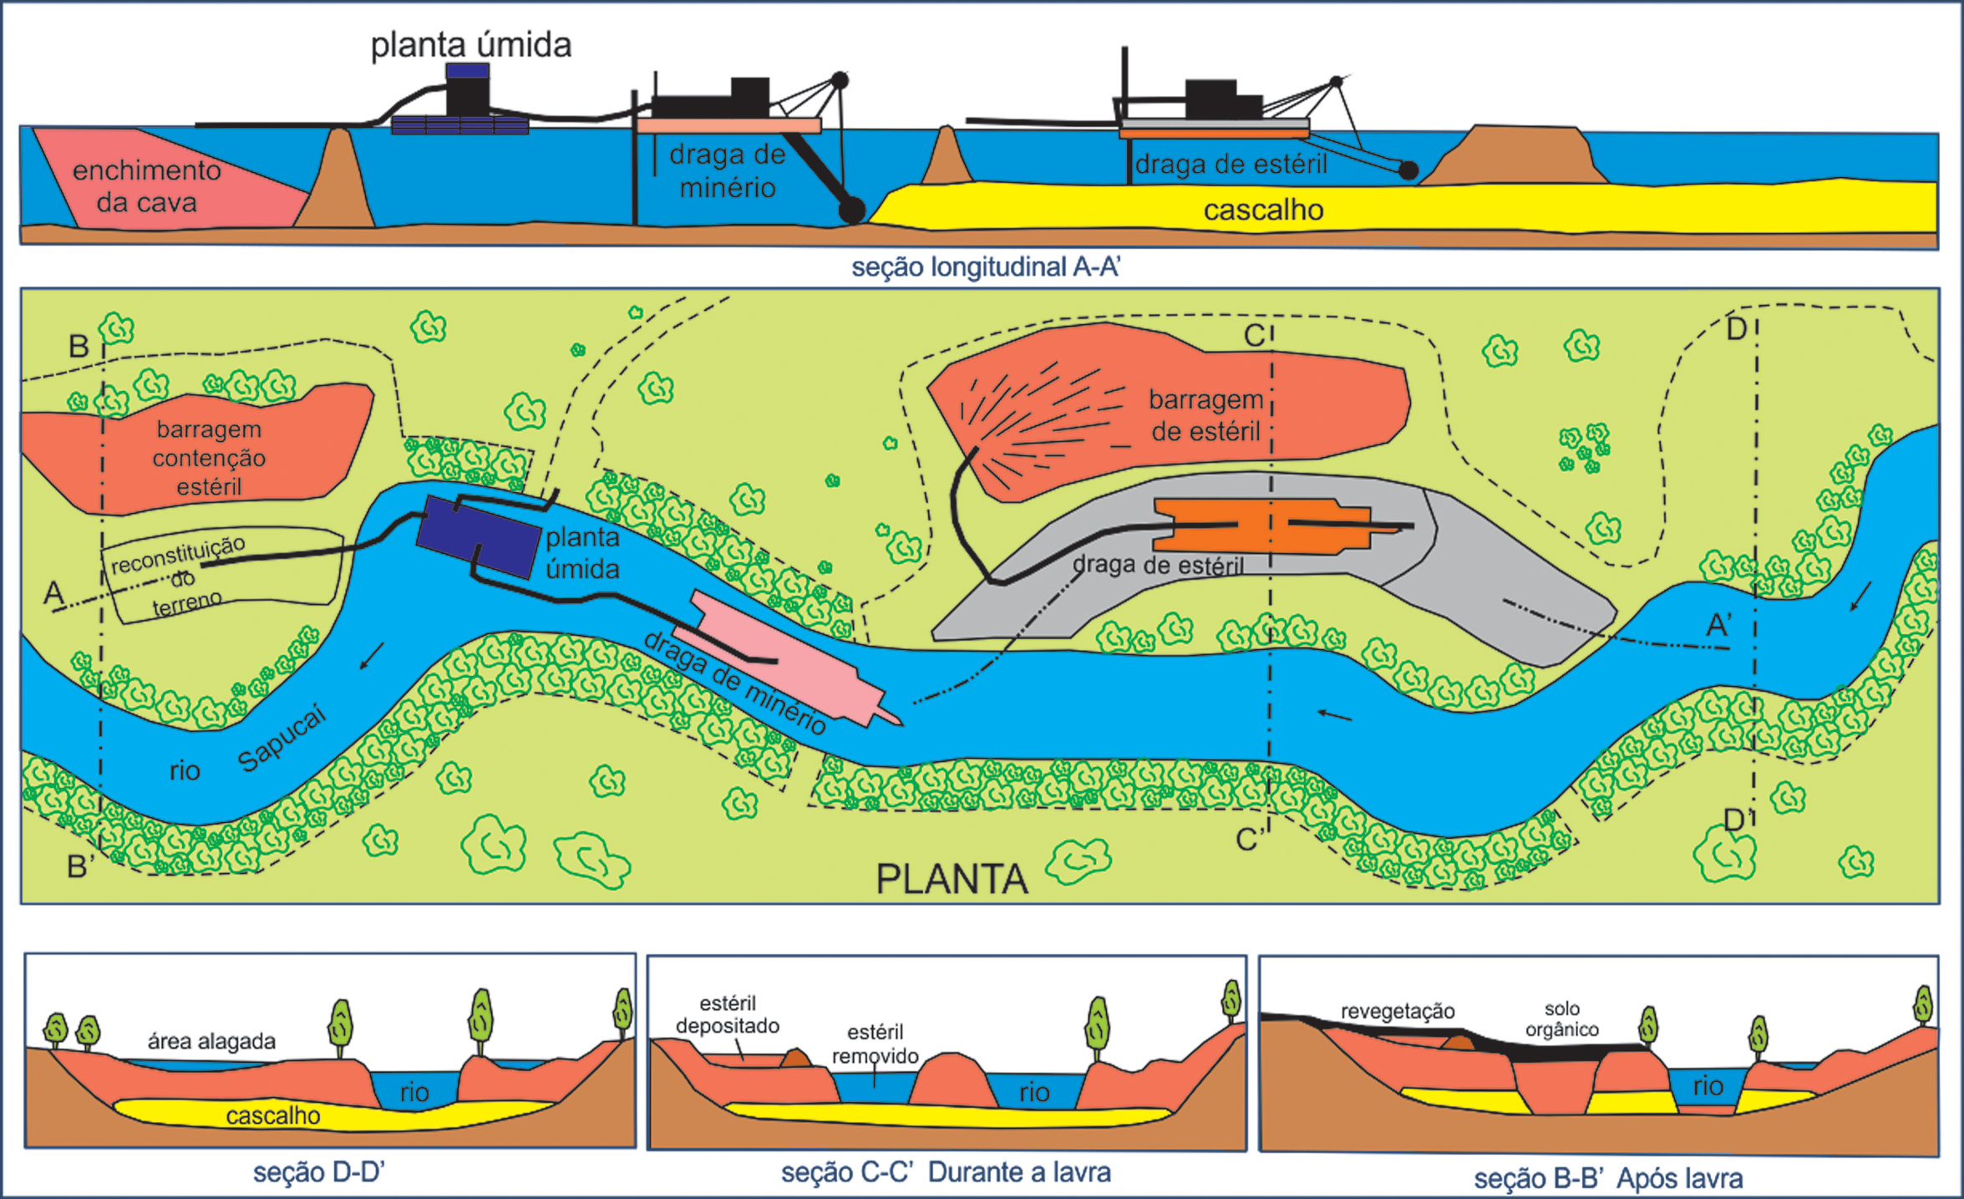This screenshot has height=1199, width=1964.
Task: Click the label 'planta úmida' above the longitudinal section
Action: (471, 45)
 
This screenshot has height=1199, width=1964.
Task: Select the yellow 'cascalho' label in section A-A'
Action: (1263, 210)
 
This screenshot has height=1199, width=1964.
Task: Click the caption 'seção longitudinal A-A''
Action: (986, 267)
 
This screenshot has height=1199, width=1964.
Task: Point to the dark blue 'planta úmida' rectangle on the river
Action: (478, 536)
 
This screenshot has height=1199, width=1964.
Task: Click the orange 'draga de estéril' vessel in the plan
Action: (1261, 525)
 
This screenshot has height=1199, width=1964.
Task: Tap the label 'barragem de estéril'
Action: (1205, 415)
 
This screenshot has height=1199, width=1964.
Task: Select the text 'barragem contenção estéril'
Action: (209, 458)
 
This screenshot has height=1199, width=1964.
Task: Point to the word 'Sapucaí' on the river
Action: (282, 739)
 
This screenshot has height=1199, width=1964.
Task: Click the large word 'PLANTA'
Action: (952, 879)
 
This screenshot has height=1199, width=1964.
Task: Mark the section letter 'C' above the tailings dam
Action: (1254, 336)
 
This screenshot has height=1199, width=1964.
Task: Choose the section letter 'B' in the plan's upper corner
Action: (79, 346)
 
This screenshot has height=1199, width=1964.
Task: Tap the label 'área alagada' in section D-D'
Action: (211, 1041)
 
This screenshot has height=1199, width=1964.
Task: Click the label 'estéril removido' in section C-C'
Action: (875, 1044)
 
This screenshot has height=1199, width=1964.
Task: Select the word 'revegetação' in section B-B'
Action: (1398, 1011)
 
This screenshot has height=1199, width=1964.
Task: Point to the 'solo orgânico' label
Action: (1561, 1019)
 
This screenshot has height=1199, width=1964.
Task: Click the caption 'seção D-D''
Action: (318, 1172)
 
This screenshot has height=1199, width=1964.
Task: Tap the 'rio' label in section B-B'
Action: (1708, 1085)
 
